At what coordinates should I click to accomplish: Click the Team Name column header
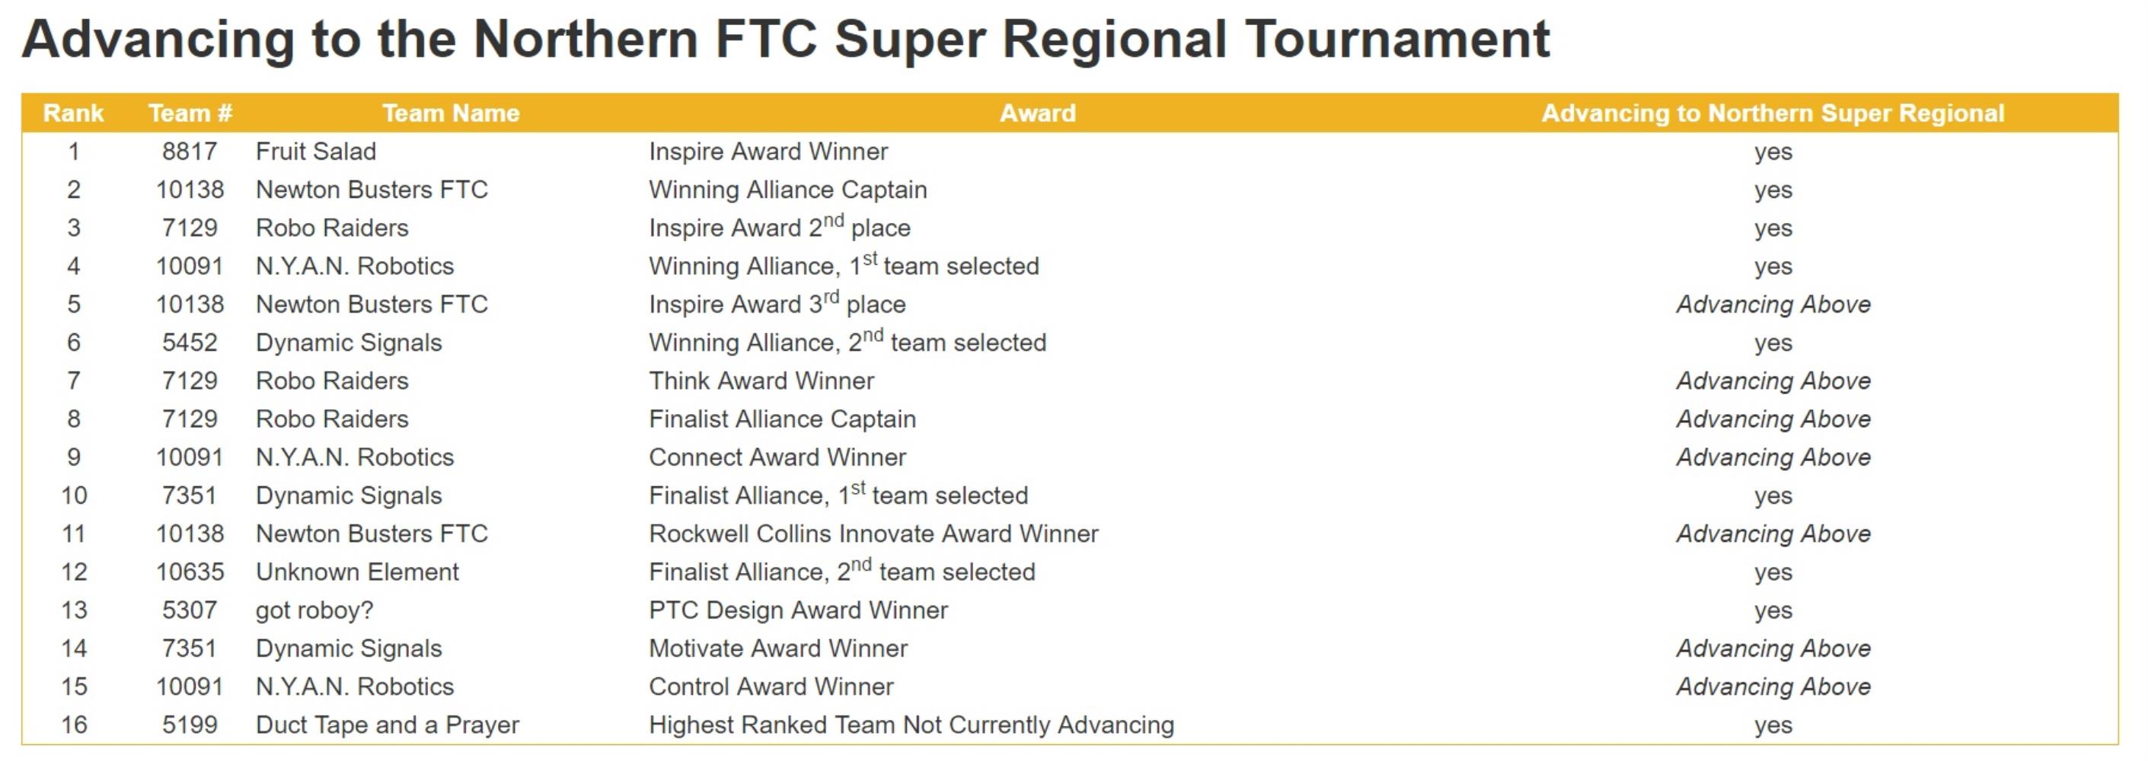coord(450,113)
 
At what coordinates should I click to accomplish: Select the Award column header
coord(1037,113)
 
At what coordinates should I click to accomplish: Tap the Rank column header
coord(73,113)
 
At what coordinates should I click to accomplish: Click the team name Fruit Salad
coord(316,151)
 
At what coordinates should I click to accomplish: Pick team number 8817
coord(190,151)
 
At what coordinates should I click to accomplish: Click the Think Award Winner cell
coord(761,381)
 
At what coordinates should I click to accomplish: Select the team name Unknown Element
coord(357,572)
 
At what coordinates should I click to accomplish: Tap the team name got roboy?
coord(314,611)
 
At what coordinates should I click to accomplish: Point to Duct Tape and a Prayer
coord(388,725)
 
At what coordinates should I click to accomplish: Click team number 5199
coord(190,724)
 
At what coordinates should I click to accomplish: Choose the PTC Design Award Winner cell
coord(798,610)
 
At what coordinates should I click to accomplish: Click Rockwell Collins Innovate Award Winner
coord(874,533)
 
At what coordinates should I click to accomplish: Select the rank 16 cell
coord(73,724)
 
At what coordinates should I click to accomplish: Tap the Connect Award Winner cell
coord(777,457)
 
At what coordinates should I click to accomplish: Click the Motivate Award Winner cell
coord(778,648)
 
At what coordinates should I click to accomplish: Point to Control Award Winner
coord(771,687)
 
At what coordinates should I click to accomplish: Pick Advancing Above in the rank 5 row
coord(1773,304)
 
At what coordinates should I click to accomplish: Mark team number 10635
coord(190,572)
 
